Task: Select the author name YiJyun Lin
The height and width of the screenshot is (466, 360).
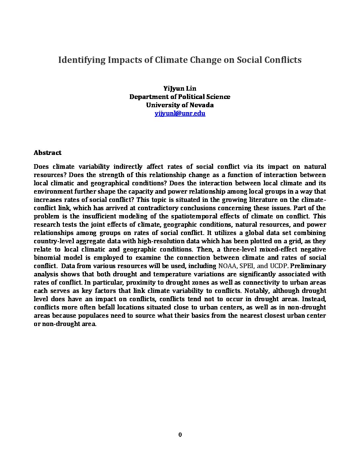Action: [x=180, y=88]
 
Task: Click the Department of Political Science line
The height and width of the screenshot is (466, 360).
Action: [x=180, y=97]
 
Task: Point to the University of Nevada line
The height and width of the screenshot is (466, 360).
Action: [x=180, y=105]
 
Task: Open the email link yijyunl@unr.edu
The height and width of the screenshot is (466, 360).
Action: [x=180, y=113]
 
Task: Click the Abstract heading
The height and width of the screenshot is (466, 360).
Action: [x=47, y=153]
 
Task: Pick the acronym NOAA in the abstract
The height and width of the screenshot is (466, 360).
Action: [x=227, y=266]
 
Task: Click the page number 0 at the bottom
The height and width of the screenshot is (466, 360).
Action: [x=180, y=435]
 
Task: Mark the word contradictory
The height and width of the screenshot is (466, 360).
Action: [x=176, y=208]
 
